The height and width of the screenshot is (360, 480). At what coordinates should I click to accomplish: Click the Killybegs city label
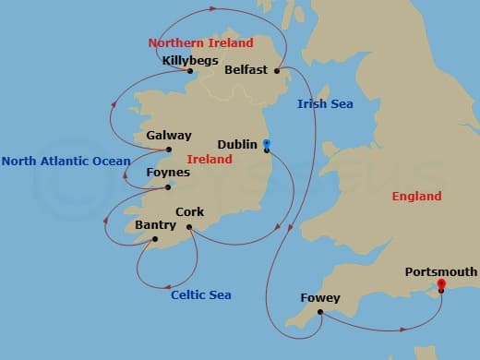pyautogui.click(x=189, y=61)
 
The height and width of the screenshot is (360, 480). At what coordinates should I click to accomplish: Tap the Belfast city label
pyautogui.click(x=245, y=69)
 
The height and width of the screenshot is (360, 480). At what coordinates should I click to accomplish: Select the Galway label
pyautogui.click(x=169, y=135)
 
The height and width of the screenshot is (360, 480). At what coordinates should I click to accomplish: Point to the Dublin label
pyautogui.click(x=238, y=144)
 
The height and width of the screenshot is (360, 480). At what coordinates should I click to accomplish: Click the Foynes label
pyautogui.click(x=168, y=173)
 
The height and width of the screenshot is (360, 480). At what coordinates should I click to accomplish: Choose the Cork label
pyautogui.click(x=189, y=211)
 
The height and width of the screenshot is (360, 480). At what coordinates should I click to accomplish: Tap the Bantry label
pyautogui.click(x=154, y=224)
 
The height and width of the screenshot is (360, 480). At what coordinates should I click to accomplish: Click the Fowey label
pyautogui.click(x=320, y=298)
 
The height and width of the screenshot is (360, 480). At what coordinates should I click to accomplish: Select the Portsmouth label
pyautogui.click(x=441, y=271)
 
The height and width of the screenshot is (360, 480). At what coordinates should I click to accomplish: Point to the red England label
pyautogui.click(x=416, y=196)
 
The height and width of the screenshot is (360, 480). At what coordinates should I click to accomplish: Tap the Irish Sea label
pyautogui.click(x=325, y=104)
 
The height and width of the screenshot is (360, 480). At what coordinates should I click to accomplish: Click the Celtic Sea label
pyautogui.click(x=200, y=294)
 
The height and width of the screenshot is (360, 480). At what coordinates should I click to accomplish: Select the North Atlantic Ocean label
pyautogui.click(x=66, y=161)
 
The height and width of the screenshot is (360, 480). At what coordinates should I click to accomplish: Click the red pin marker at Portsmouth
pyautogui.click(x=441, y=283)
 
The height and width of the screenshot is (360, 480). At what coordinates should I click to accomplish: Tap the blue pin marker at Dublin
pyautogui.click(x=266, y=143)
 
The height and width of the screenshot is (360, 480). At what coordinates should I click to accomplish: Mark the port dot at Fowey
pyautogui.click(x=319, y=311)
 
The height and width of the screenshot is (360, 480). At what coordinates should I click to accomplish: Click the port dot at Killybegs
pyautogui.click(x=189, y=71)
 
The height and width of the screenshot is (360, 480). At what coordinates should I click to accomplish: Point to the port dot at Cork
pyautogui.click(x=188, y=226)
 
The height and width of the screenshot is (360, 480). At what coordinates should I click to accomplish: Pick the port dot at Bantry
pyautogui.click(x=154, y=238)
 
